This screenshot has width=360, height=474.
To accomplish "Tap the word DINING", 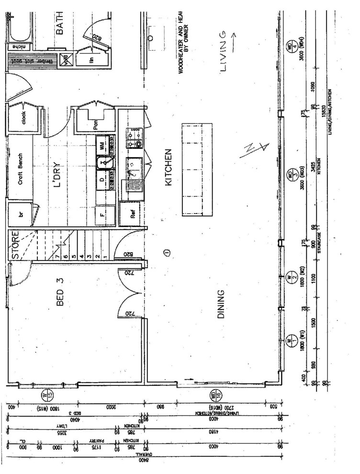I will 221,305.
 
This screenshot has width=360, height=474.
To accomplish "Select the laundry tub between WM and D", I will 103,163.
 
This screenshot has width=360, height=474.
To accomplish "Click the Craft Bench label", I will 21,175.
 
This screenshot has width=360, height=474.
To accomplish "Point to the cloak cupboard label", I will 22,118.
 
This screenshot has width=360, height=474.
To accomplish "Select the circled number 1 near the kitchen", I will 166,252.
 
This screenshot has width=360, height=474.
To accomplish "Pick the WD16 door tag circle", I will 214,395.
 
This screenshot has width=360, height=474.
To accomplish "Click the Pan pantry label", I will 96,125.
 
